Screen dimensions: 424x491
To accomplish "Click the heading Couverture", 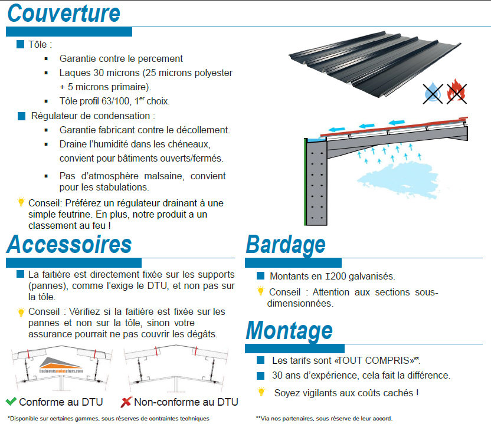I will [x=64, y=14].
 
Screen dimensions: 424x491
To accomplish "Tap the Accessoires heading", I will [x=69, y=244].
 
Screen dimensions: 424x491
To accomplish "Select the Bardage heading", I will [x=286, y=244].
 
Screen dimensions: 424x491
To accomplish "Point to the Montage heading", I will [x=289, y=330].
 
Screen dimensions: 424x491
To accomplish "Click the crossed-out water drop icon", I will [x=433, y=93].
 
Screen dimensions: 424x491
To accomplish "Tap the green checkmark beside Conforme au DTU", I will [x=11, y=402].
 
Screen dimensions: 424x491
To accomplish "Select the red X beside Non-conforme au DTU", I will [x=126, y=402].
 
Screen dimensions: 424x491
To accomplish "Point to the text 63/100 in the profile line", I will [x=109, y=101].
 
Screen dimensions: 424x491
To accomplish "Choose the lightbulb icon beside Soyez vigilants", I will [x=261, y=392].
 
